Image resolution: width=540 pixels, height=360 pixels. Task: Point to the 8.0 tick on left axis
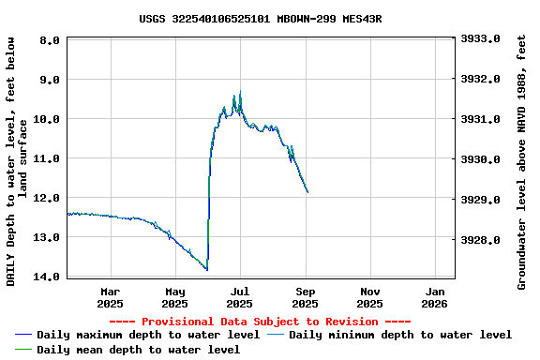click(x=51, y=40)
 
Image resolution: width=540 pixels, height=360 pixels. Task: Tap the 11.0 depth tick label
click(x=48, y=158)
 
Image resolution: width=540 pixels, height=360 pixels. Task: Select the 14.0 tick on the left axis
click(x=48, y=277)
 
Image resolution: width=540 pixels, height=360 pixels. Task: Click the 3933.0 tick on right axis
click(x=481, y=38)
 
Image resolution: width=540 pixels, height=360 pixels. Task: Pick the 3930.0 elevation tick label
click(x=481, y=159)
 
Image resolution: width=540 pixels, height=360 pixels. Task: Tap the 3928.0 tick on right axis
click(x=481, y=240)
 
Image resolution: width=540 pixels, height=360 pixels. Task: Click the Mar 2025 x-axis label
click(x=110, y=297)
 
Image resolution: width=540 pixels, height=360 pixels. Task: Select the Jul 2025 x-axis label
click(x=240, y=297)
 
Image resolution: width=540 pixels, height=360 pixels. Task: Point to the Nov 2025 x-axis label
click(x=369, y=297)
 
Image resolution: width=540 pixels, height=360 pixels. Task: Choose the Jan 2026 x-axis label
click(x=435, y=297)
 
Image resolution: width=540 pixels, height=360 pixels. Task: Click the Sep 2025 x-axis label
click(x=305, y=297)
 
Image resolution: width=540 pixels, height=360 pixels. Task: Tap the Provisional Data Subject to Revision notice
click(x=260, y=322)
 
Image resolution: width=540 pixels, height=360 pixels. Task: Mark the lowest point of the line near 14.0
click(x=207, y=270)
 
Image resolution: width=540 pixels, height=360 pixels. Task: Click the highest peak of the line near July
click(x=240, y=92)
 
